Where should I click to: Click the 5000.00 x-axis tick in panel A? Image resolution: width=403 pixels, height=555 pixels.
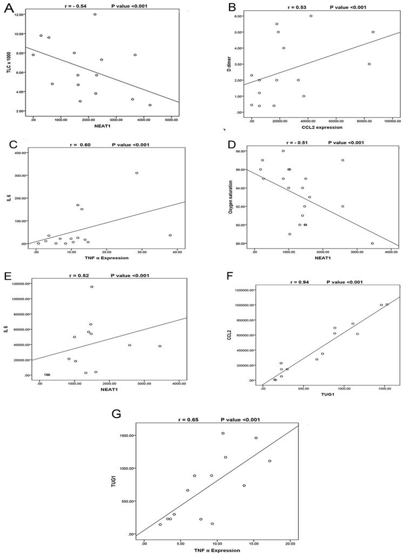pyautogui.click(x=171, y=119)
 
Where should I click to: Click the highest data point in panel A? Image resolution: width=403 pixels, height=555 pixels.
pyautogui.click(x=95, y=15)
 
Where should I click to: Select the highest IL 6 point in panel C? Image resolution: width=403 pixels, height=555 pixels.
pyautogui.click(x=137, y=173)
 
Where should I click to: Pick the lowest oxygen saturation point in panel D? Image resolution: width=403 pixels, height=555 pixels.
pyautogui.click(x=372, y=243)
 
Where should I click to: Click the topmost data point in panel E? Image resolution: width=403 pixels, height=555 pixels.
pyautogui.click(x=92, y=287)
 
